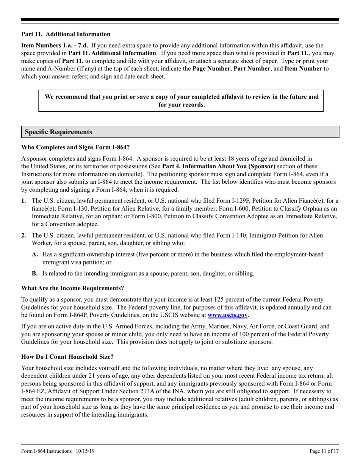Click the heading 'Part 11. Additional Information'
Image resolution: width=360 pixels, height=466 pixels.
[x=66, y=34]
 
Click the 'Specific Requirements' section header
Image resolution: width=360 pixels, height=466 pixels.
[x=58, y=132]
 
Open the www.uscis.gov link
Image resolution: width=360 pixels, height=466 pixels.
[x=227, y=315]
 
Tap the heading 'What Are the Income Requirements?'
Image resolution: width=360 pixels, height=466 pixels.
[x=72, y=288]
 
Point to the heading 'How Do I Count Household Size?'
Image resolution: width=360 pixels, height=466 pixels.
[x=67, y=357]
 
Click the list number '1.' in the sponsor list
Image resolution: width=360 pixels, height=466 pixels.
[x=23, y=200]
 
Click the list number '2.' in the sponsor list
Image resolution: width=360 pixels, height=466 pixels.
[x=23, y=235]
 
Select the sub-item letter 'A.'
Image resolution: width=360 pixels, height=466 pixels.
[x=35, y=254]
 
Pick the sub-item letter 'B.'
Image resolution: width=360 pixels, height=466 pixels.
[x=35, y=273]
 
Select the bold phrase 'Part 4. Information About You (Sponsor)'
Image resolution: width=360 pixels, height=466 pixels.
[x=218, y=166]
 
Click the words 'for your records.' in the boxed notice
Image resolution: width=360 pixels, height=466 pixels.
[x=182, y=105]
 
